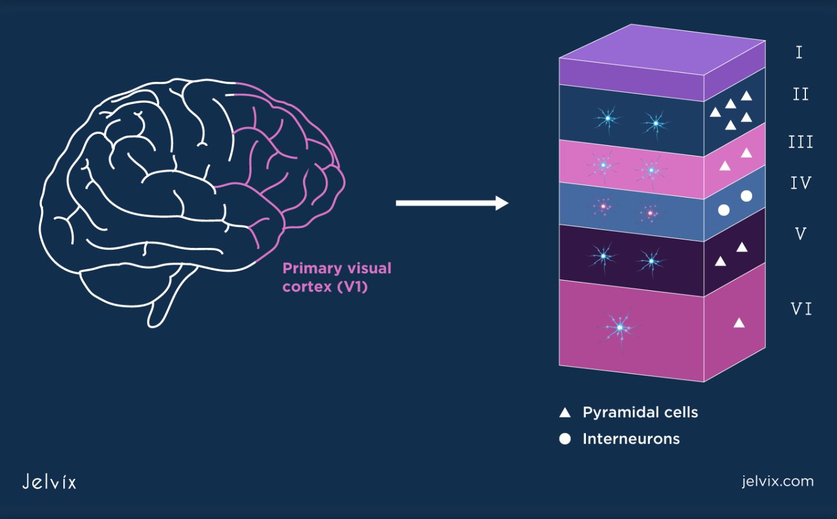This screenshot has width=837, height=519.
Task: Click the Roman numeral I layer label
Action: [799, 53]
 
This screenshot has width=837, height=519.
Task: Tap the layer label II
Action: [801, 94]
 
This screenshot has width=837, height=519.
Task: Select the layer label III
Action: [801, 142]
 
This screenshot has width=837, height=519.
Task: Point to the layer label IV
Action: [801, 183]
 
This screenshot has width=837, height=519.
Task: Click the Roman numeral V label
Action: [801, 234]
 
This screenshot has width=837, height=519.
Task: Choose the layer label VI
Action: [801, 309]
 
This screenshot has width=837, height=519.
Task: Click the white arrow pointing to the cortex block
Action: [451, 203]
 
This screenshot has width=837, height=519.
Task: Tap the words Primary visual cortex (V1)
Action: [337, 277]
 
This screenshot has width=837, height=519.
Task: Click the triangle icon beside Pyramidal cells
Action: [565, 412]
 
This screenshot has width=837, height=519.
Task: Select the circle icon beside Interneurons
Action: [565, 439]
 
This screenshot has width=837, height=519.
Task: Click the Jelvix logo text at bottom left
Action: [49, 481]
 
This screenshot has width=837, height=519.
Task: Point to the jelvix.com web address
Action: [777, 481]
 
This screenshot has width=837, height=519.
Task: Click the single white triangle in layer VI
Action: [739, 323]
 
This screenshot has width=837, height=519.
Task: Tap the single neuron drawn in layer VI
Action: [620, 327]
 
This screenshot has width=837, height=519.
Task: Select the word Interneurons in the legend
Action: [631, 439]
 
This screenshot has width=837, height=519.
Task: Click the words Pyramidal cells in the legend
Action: [640, 412]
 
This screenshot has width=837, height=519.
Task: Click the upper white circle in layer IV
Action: [746, 196]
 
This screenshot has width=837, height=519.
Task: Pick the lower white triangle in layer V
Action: [720, 262]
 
